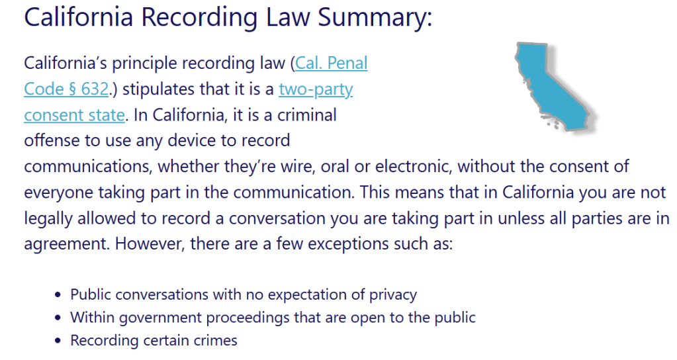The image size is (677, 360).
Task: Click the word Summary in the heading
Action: click(x=375, y=18)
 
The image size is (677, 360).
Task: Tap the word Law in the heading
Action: click(x=288, y=17)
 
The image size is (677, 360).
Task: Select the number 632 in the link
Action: click(x=95, y=89)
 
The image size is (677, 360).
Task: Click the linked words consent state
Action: click(x=74, y=115)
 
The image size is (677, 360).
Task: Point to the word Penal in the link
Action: click(x=347, y=63)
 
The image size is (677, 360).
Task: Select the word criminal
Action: click(x=307, y=115)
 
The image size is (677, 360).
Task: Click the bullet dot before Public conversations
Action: click(x=58, y=295)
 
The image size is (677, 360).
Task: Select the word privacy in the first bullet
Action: click(x=393, y=295)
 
